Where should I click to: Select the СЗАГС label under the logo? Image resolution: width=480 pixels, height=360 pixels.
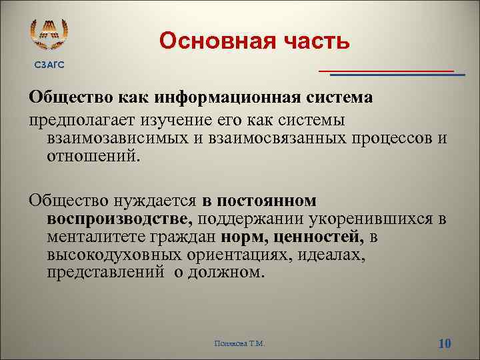tap(49, 65)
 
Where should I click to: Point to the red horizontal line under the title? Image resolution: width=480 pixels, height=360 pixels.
tap(386, 69)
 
